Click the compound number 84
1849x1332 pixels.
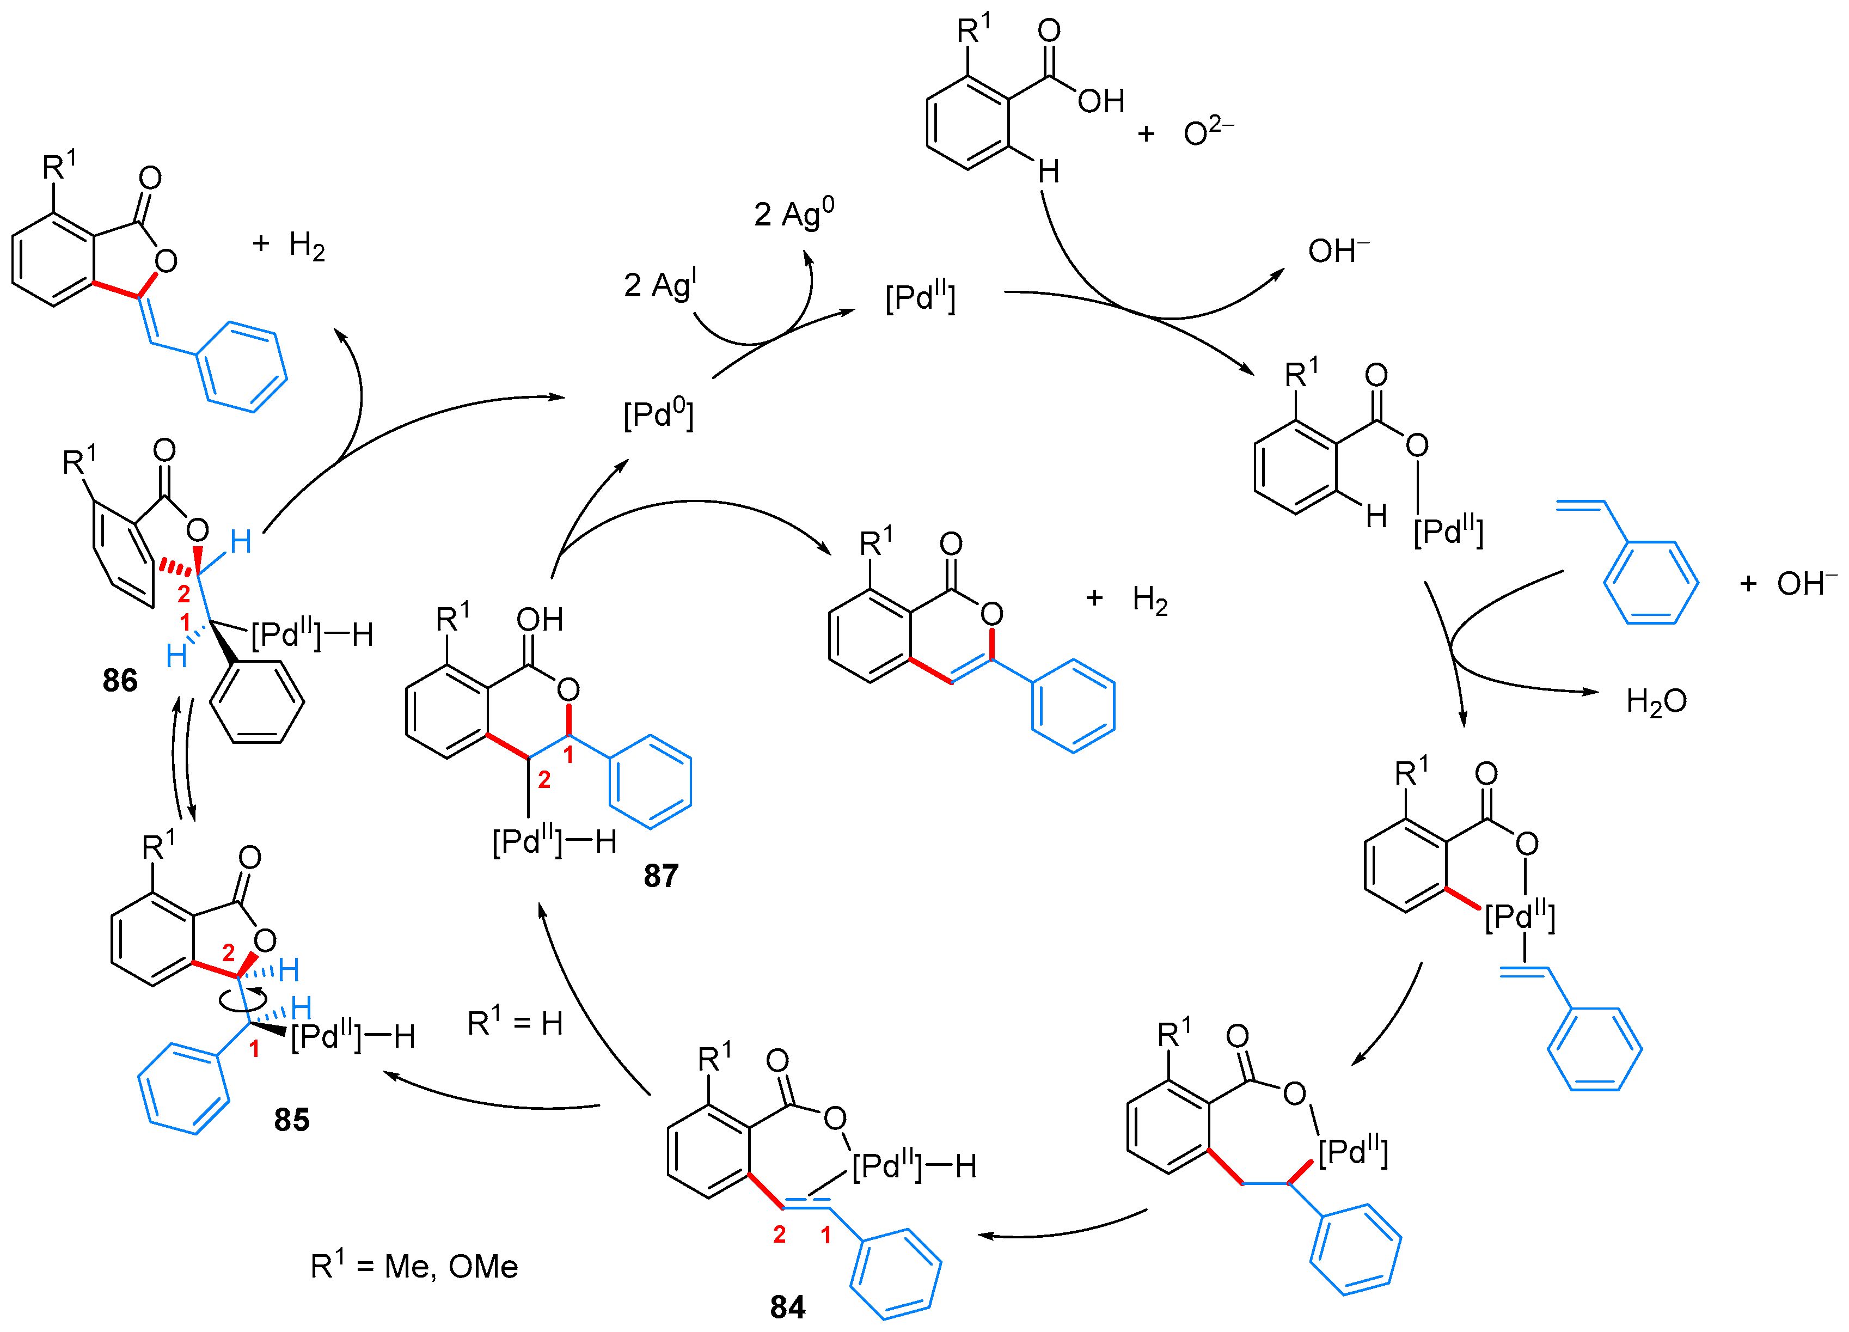[787, 1307]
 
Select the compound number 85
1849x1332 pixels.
[291, 1119]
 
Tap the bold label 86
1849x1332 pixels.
[120, 680]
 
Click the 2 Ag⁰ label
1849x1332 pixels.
[793, 213]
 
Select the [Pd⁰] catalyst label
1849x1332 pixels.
[658, 415]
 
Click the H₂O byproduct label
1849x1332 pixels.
[1656, 701]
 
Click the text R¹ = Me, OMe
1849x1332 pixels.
[414, 1266]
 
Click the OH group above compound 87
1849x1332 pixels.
[539, 620]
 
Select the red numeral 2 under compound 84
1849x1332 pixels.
[779, 1235]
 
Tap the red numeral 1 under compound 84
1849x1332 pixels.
[826, 1235]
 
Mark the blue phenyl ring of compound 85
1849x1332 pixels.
[183, 1088]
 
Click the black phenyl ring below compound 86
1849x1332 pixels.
[257, 702]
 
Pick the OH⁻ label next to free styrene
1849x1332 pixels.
[1807, 584]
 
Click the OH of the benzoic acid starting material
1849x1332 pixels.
[1100, 101]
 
